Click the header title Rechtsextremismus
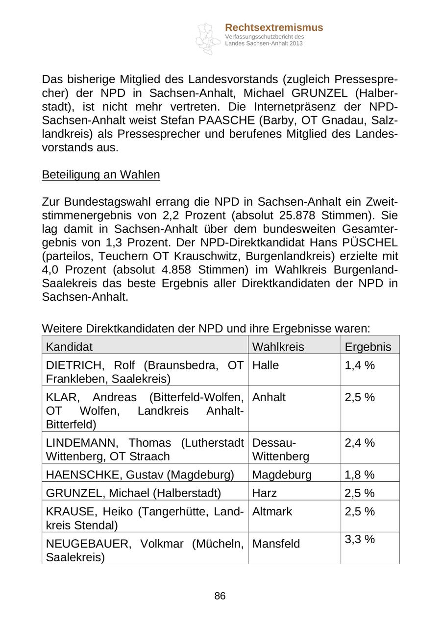pos(274,27)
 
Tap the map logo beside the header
pos(208,38)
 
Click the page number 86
pos(220,596)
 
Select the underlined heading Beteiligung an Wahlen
pos(101,175)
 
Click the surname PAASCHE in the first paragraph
pos(228,120)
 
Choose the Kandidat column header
pos(69,347)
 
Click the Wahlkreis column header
pos(278,347)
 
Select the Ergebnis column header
pos(368,347)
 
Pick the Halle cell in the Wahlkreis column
pos(265,365)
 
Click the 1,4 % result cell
pos(360,365)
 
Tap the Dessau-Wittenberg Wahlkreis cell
pos(280,450)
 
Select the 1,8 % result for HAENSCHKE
pos(360,475)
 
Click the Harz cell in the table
pos(264,493)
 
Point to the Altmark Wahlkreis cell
pos(272,512)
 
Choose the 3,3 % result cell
pos(360,539)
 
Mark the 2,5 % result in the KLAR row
pos(360,397)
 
